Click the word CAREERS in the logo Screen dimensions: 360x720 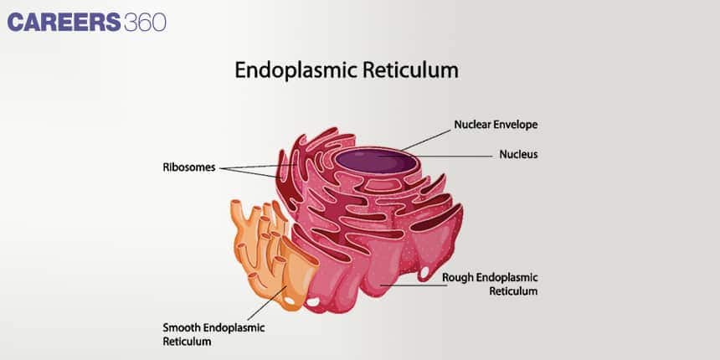click(64, 21)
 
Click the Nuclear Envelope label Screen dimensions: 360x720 click(496, 124)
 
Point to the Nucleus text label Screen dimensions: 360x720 click(518, 154)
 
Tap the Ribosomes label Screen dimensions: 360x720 click(189, 167)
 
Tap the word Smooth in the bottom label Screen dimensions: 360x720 click(181, 327)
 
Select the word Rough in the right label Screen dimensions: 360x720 click(458, 277)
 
